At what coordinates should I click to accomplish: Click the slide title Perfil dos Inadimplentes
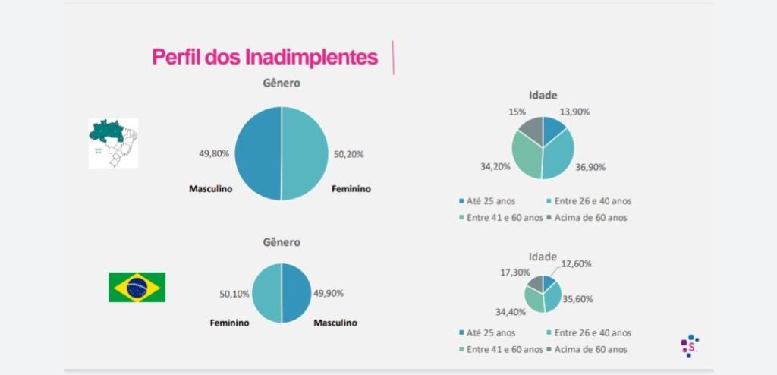pyautogui.click(x=265, y=57)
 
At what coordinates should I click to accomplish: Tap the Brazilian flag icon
pyautogui.click(x=137, y=288)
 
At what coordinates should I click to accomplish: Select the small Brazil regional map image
pyautogui.click(x=113, y=143)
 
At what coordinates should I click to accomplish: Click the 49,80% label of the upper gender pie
pyautogui.click(x=214, y=153)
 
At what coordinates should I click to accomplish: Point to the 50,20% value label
pyautogui.click(x=349, y=153)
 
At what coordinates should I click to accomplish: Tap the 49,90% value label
pyautogui.click(x=329, y=292)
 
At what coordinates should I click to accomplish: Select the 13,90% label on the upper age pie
pyautogui.click(x=574, y=112)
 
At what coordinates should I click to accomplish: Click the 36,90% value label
pyautogui.click(x=590, y=168)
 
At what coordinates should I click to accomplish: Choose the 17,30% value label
pyautogui.click(x=515, y=271)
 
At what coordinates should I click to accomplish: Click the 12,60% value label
pyautogui.click(x=577, y=263)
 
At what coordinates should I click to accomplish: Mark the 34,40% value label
pyautogui.click(x=511, y=311)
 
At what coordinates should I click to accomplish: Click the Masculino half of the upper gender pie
pyautogui.click(x=258, y=153)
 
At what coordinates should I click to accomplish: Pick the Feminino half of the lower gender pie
pyautogui.click(x=266, y=292)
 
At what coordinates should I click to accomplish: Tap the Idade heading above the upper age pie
pyautogui.click(x=543, y=95)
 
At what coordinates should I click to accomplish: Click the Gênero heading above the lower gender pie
pyautogui.click(x=282, y=242)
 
